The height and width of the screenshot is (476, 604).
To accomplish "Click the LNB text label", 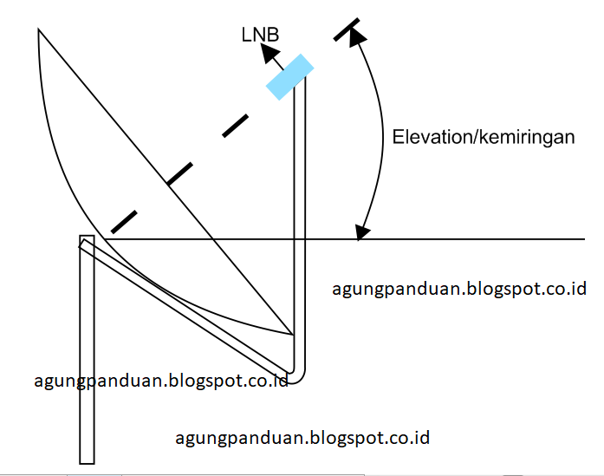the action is (261, 34).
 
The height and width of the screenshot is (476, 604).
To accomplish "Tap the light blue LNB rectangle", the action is (289, 76).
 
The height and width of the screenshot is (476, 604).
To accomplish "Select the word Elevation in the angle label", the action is (430, 136).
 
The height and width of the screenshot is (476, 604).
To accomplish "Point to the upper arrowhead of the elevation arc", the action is (356, 30).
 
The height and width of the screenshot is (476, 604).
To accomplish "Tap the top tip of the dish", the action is (39, 30).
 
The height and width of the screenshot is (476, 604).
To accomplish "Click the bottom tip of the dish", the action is (290, 334).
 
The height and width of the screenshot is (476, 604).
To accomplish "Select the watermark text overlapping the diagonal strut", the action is (160, 380).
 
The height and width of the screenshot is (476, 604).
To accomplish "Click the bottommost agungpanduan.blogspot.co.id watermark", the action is (302, 437).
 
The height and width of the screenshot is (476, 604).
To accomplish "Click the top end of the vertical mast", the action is (86, 238).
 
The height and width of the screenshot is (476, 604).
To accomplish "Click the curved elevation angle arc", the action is (383, 130).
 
